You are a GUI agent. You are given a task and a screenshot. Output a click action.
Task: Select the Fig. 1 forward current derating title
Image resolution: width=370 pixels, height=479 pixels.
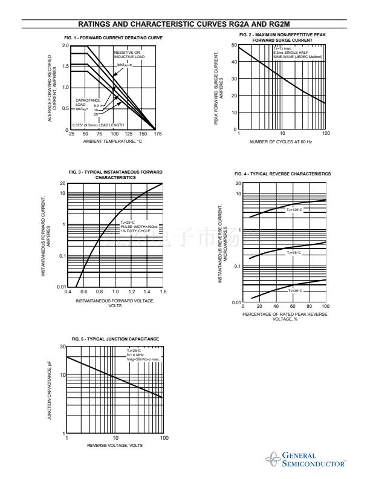[x=113, y=38]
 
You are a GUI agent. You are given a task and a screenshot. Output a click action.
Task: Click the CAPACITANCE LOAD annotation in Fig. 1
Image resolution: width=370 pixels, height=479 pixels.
[x=85, y=102]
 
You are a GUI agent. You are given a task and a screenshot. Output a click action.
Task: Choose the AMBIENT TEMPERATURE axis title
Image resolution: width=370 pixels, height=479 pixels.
[x=114, y=141]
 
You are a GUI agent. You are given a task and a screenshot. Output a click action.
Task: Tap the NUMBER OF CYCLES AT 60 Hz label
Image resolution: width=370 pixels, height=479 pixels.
[x=282, y=141]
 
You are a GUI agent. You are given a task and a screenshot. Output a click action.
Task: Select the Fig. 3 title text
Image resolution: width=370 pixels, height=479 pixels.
[x=115, y=175]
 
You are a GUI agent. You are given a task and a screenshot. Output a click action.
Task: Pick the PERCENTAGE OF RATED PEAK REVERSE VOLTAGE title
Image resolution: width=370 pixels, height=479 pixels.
[x=285, y=316]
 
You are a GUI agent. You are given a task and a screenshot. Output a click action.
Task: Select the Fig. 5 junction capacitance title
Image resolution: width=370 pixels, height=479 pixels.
[x=115, y=339]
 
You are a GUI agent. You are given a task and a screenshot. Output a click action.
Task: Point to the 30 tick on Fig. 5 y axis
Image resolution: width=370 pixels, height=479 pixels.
[x=62, y=347]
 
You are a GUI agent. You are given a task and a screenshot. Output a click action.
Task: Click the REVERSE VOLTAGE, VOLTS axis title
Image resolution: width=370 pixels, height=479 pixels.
[x=115, y=445]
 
